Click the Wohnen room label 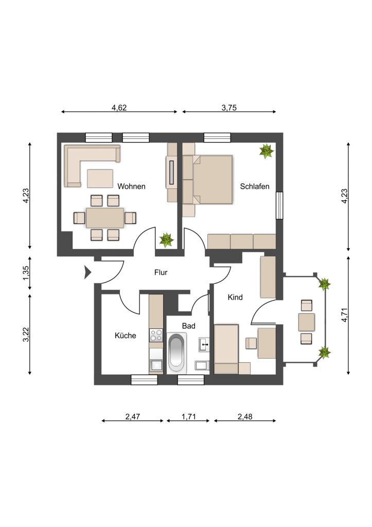[131, 186]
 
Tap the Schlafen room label [254, 186]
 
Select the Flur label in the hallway [161, 272]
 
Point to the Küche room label [126, 336]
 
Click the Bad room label [188, 326]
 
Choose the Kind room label [235, 297]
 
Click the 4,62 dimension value [119, 108]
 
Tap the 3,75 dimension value [229, 108]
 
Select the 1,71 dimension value [188, 417]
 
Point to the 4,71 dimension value [344, 315]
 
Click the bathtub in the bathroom [176, 352]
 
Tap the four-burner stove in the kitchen [156, 335]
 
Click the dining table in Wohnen [105, 218]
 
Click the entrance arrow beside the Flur [87, 272]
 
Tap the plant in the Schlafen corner [267, 151]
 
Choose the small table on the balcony [307, 322]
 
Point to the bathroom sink [204, 344]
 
